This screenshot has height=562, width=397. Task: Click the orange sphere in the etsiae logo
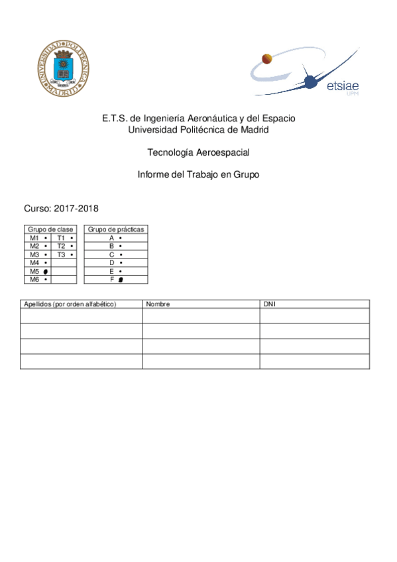pos(267,58)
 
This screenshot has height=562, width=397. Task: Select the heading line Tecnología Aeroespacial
pos(198,152)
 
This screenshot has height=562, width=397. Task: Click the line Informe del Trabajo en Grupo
pos(198,175)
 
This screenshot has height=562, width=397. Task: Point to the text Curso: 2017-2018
pos(61,208)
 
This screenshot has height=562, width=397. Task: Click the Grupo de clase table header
pos(50,229)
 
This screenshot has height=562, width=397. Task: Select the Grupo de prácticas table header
pos(116,229)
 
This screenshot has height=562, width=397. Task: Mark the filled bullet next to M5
pos(45,272)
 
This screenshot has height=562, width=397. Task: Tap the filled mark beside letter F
pos(121,280)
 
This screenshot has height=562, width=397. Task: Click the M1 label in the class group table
pos(34,237)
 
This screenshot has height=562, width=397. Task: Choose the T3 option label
pos(61,254)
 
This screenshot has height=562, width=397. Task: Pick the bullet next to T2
pos(71,246)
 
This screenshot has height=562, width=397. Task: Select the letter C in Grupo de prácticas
pos(112,254)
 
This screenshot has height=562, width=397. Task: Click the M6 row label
pos(34,280)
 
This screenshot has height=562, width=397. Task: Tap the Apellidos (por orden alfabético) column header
pos(70,304)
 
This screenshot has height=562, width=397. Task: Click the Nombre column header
pos(158,304)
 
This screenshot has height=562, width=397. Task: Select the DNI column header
pos(269,304)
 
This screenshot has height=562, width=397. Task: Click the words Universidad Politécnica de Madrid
pos(198,129)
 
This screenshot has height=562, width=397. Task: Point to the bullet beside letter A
pos(121,237)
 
